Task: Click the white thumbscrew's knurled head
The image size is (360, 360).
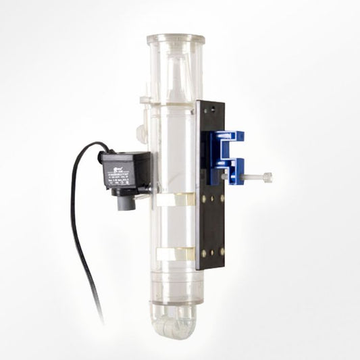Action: [x=267, y=177]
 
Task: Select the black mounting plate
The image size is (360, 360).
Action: [x=211, y=223]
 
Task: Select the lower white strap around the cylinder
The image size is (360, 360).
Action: [x=172, y=254]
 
